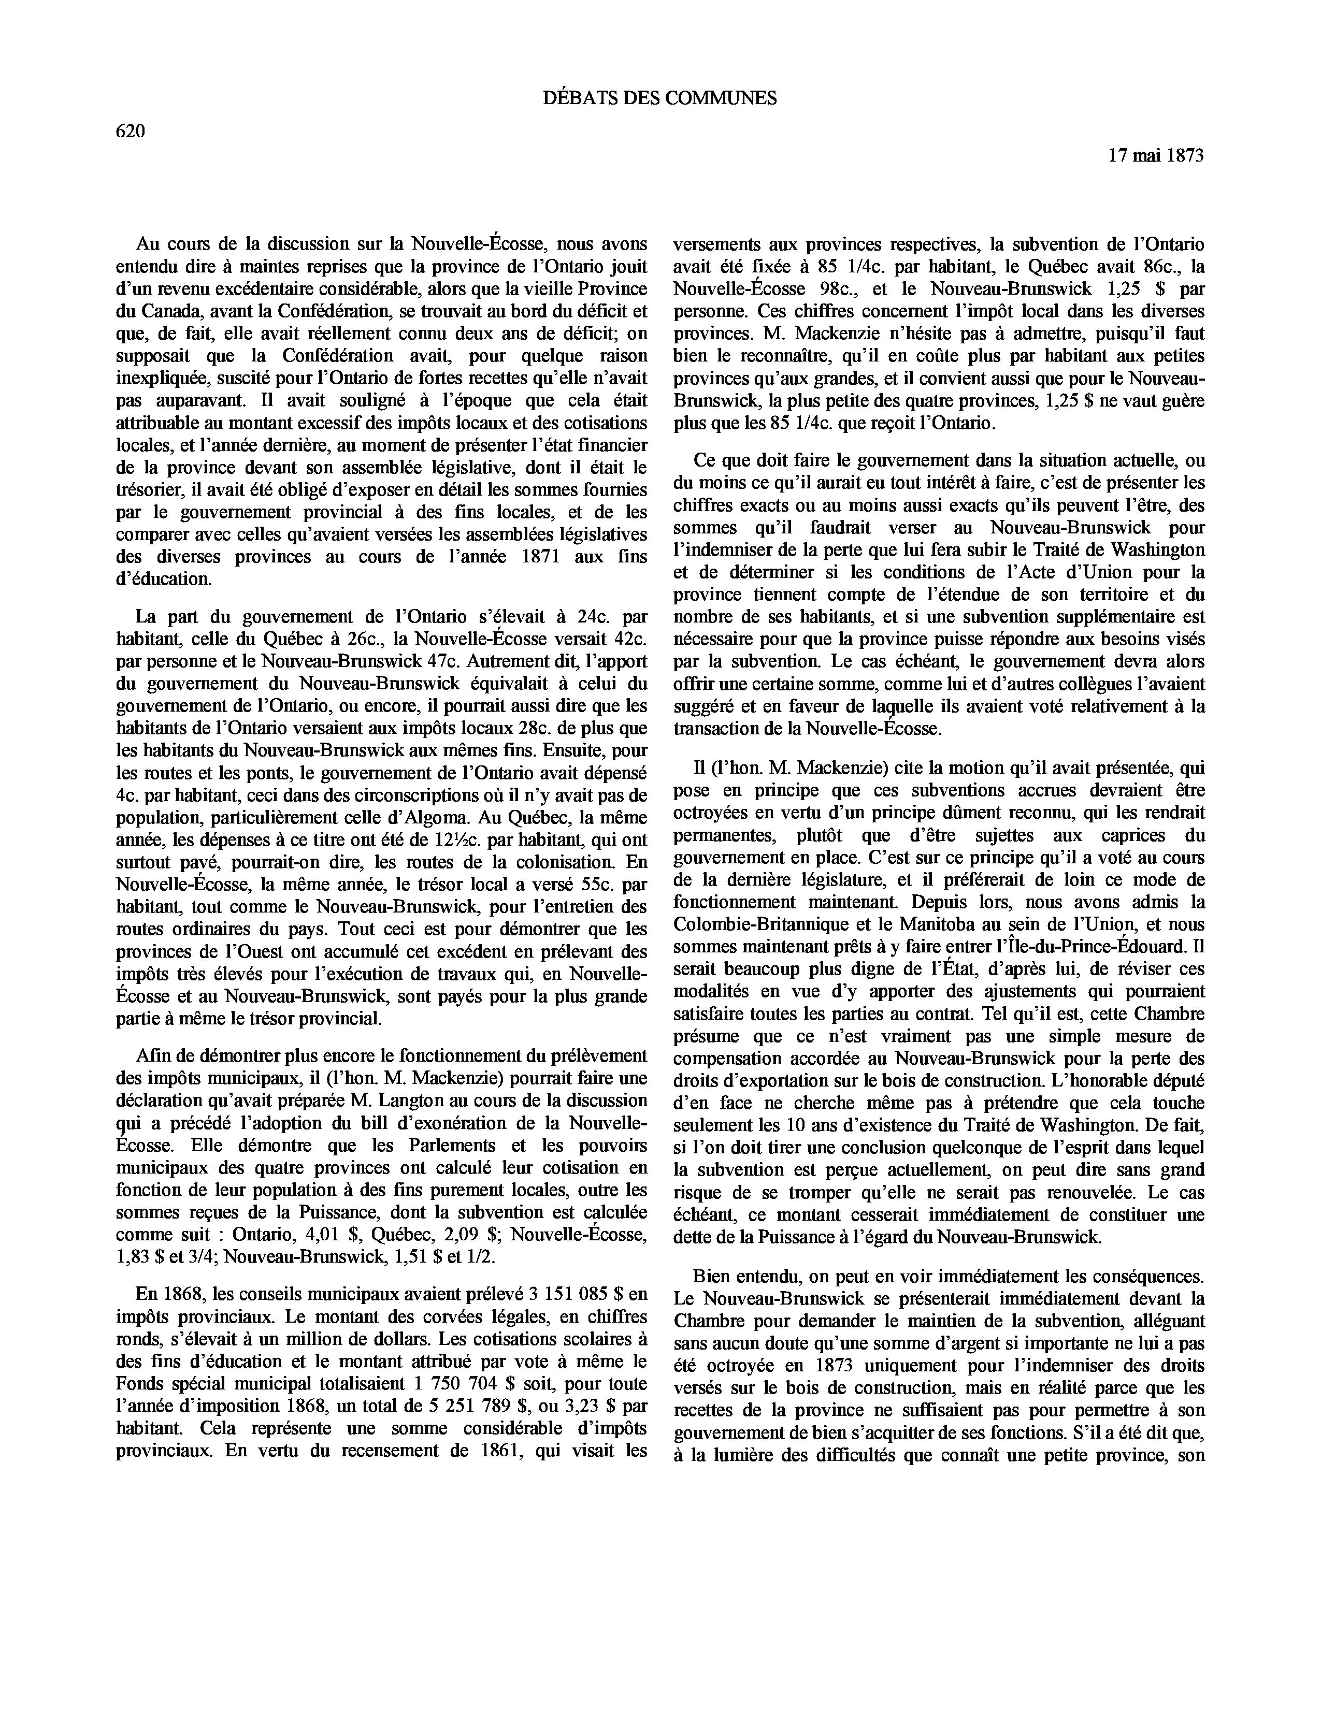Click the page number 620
pos(130,132)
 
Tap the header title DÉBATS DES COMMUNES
pos(659,98)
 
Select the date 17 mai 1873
pos(1155,156)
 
